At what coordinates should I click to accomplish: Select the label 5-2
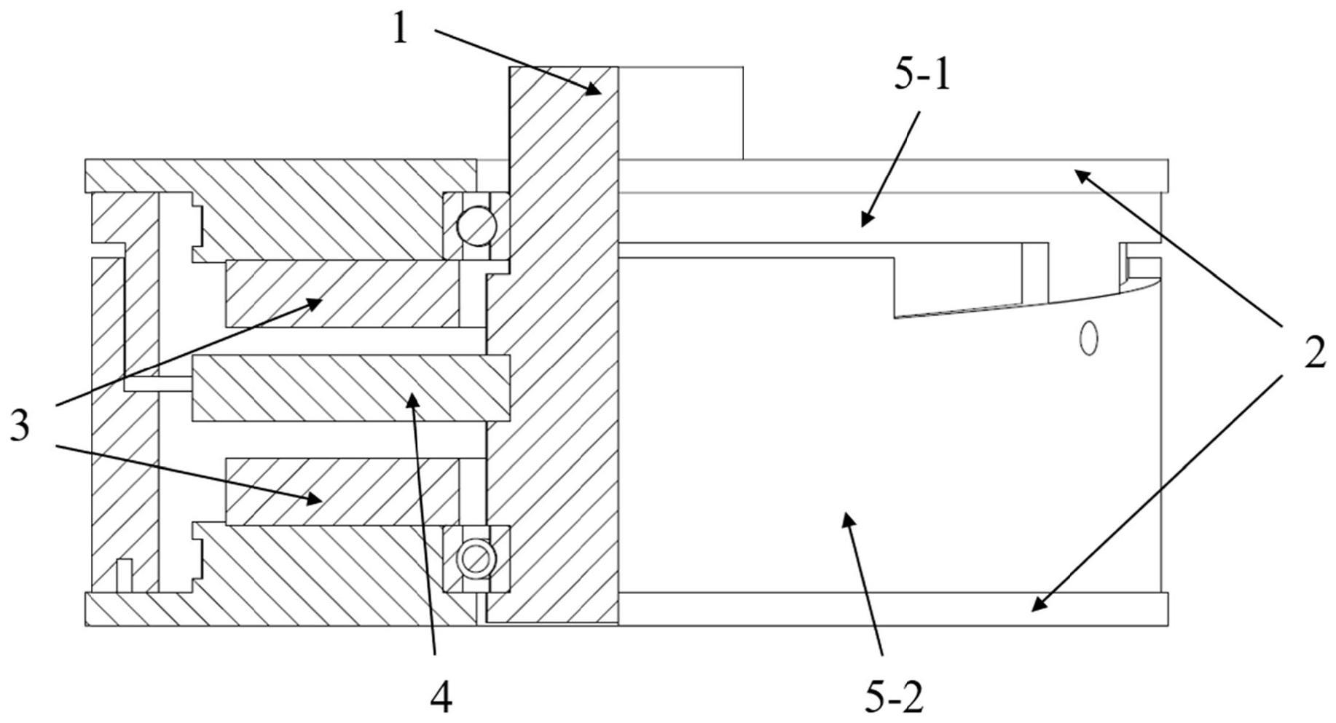click(x=894, y=698)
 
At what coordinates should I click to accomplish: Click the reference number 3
click(x=20, y=425)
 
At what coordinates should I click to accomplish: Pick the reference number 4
click(x=441, y=698)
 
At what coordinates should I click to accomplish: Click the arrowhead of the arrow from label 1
click(x=594, y=89)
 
